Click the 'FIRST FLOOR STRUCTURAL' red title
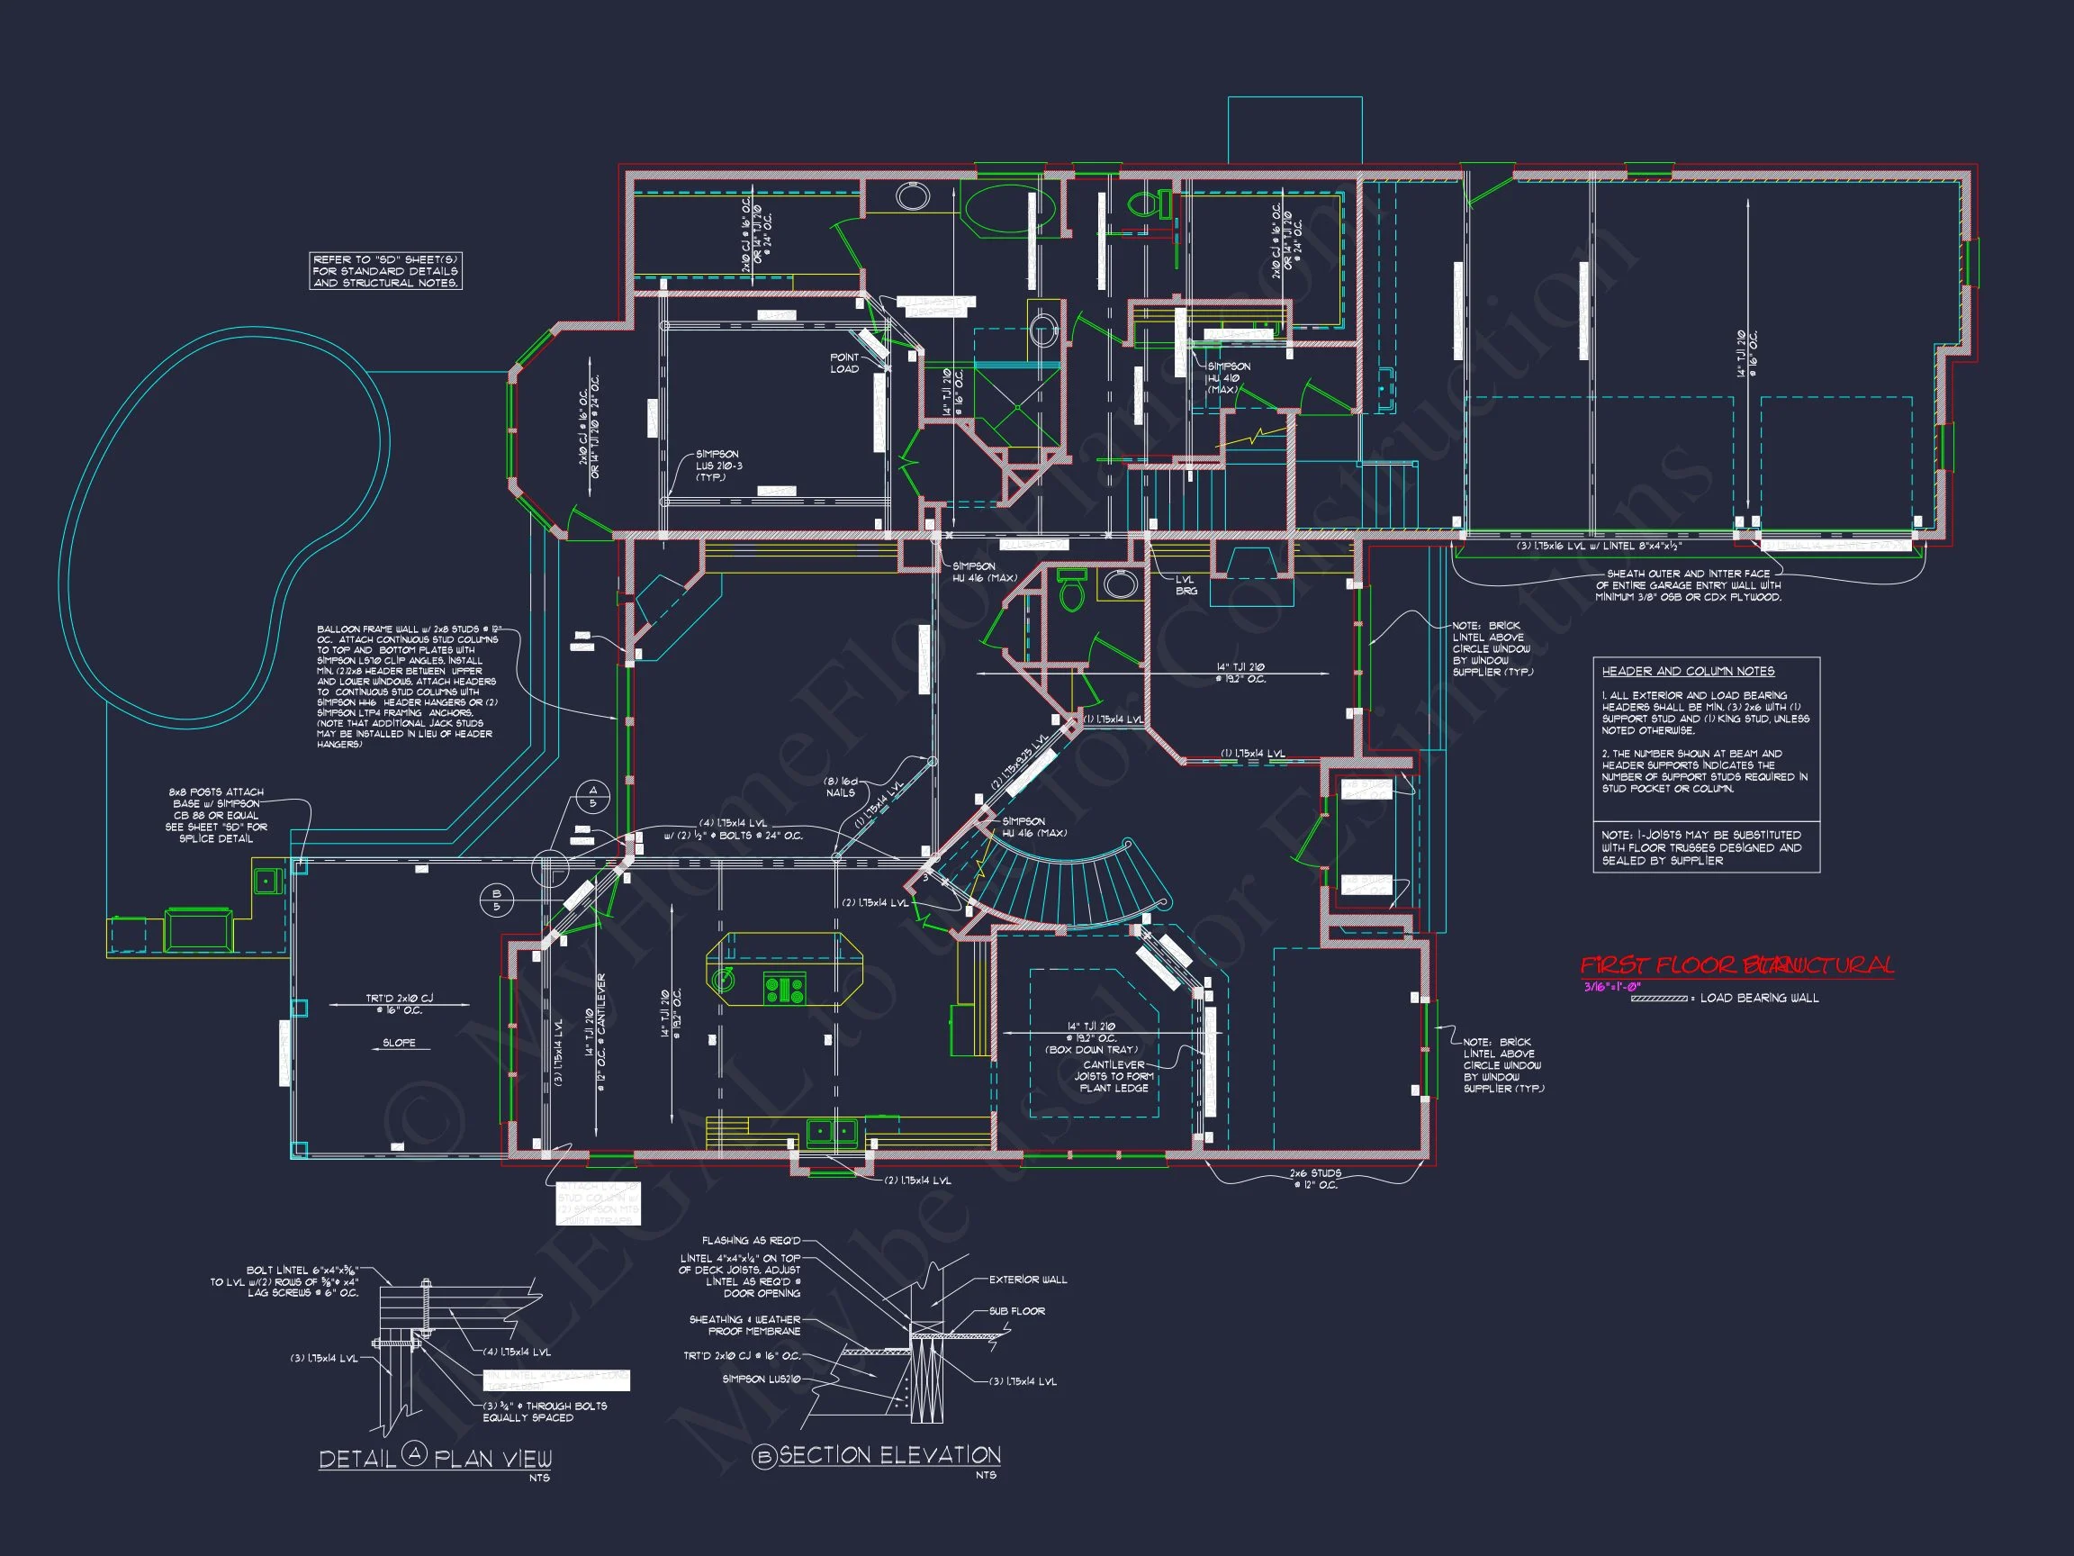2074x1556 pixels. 1736,965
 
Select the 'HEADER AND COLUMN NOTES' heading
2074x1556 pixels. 1688,672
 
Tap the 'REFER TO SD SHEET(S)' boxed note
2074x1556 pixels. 385,271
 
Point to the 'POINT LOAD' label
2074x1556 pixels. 843,363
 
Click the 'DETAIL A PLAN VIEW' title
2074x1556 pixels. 435,1458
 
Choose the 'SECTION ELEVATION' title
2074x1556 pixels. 888,1456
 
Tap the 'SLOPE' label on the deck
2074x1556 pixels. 399,1043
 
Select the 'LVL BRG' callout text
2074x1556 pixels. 1186,585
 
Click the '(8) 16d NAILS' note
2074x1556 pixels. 840,787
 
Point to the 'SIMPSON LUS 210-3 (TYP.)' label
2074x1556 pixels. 717,466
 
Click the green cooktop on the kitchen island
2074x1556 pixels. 785,989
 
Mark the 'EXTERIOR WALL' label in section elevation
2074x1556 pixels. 1028,1280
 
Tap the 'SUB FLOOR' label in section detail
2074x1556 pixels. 1016,1311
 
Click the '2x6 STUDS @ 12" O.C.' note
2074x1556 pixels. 1314,1179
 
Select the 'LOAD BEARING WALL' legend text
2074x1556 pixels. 1759,998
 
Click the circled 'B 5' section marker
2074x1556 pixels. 497,900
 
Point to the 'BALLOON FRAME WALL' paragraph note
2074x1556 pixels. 408,685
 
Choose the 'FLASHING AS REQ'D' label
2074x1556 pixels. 751,1241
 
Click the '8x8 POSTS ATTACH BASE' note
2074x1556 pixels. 217,815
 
